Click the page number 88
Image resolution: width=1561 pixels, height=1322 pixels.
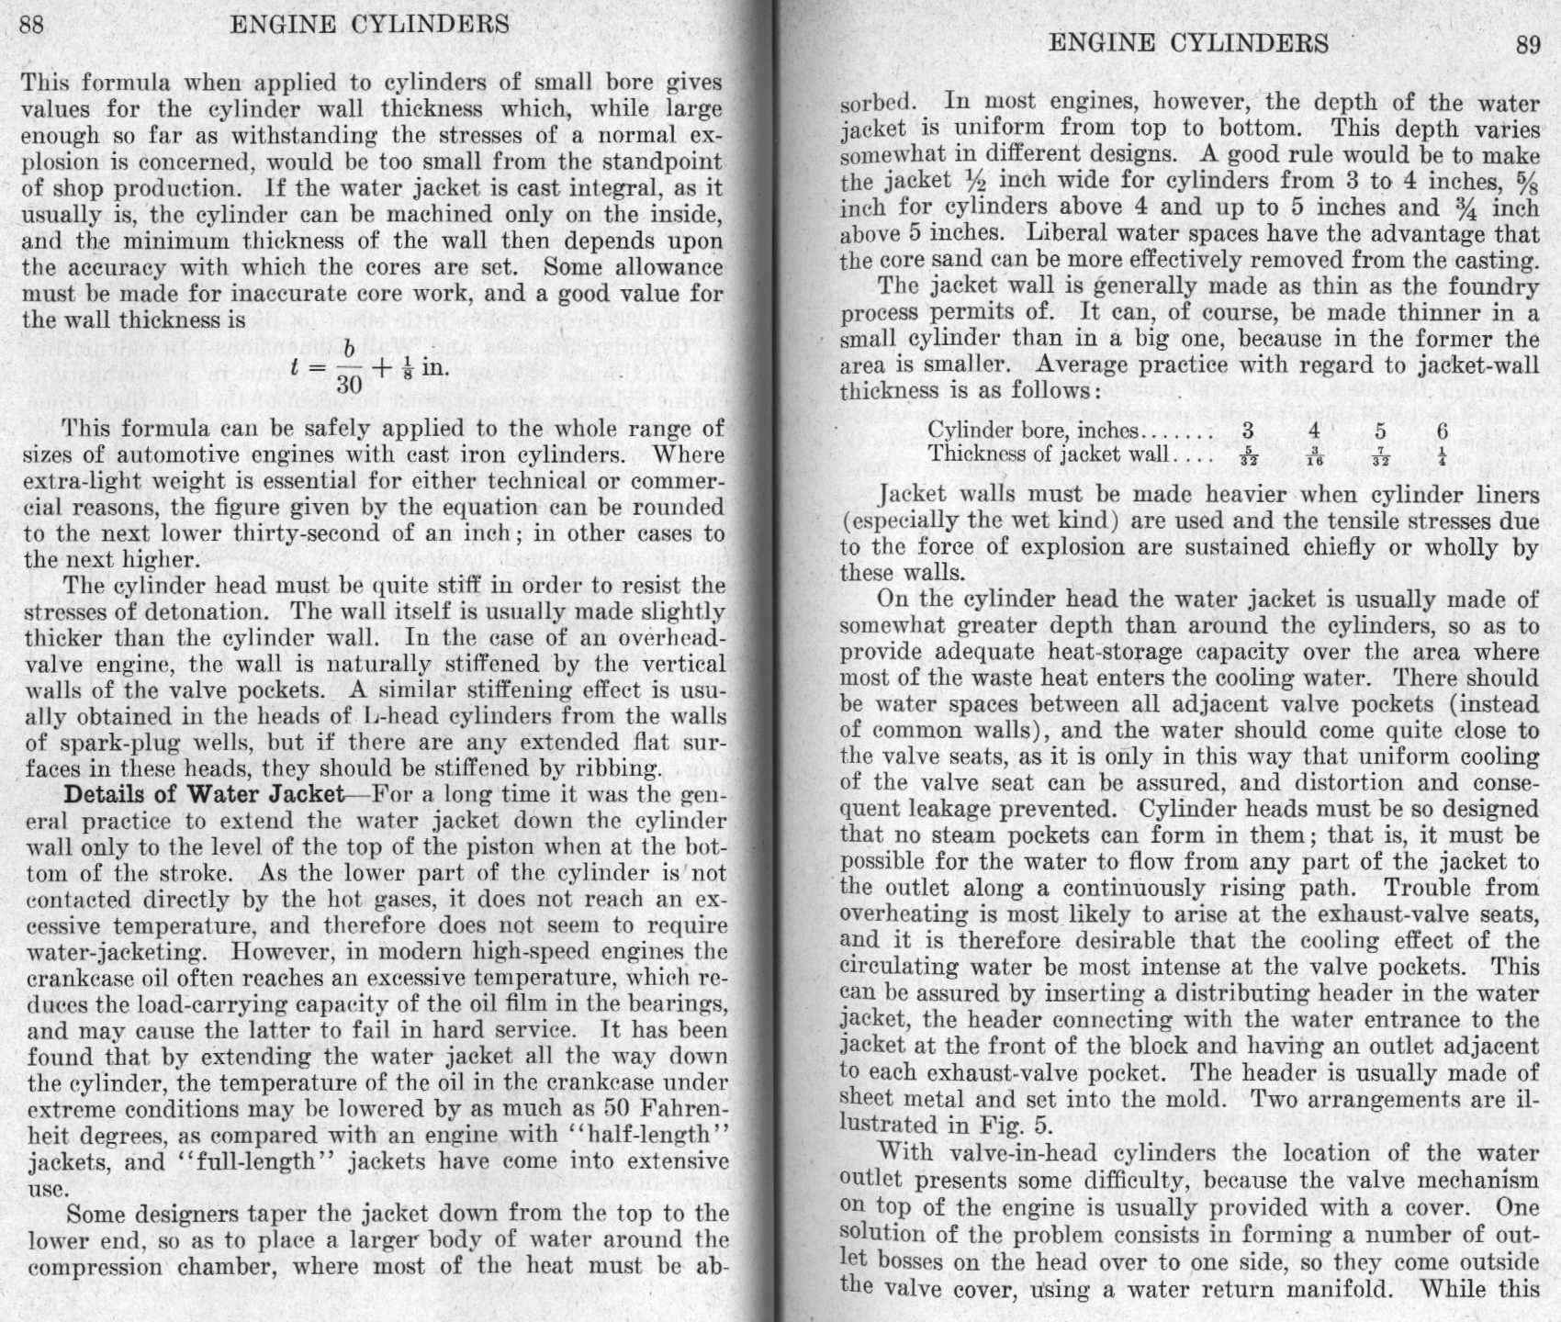coord(31,24)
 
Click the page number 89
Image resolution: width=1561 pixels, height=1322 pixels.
coord(1527,46)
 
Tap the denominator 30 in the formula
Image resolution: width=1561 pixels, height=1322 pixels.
coord(349,383)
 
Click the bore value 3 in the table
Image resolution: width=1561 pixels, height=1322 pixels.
coord(1247,431)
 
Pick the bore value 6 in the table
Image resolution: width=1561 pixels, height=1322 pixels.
coord(1443,431)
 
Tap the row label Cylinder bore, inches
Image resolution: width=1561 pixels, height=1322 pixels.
coord(1033,431)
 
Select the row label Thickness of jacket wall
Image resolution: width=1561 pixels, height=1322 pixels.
coord(1048,454)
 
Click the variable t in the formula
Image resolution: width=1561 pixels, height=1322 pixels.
coord(296,367)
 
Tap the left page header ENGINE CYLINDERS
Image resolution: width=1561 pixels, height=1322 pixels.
coord(369,24)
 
